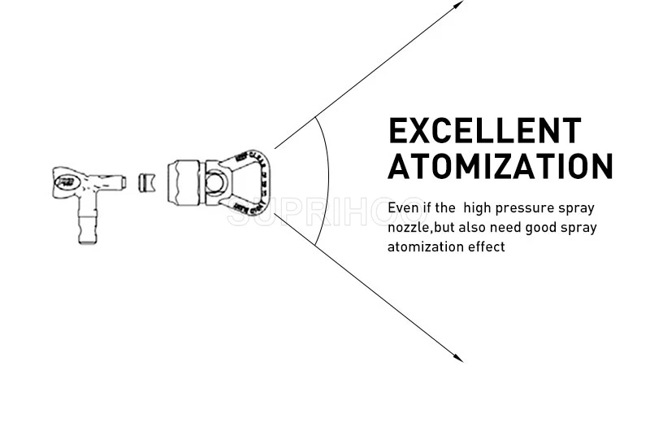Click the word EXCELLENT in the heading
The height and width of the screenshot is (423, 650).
[x=485, y=131]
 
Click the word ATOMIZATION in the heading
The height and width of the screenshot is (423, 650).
[x=500, y=166]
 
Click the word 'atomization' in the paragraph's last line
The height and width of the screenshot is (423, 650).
[x=424, y=246]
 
